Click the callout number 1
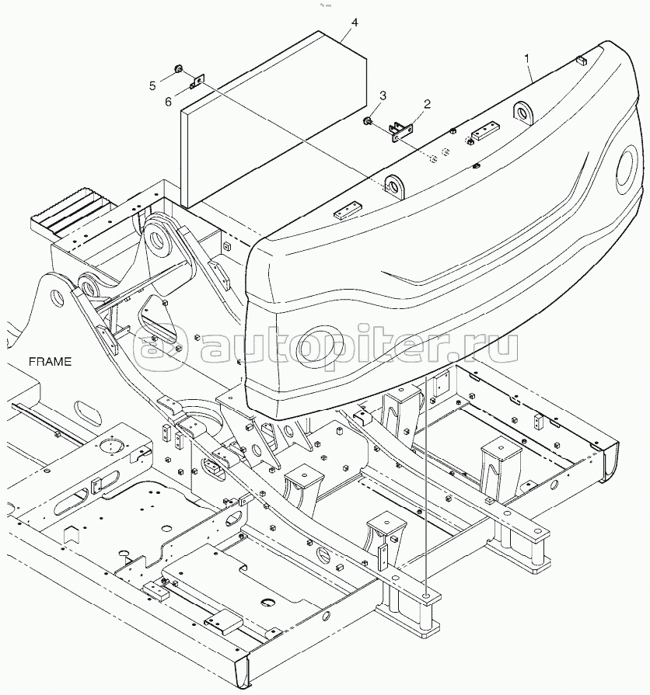(526, 58)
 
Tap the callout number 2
(427, 104)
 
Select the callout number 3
(383, 96)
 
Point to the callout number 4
(354, 23)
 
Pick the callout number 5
(152, 85)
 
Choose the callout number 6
(168, 102)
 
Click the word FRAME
(50, 362)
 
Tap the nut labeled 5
(178, 68)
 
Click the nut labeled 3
(367, 120)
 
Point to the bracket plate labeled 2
(401, 132)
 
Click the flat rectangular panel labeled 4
(274, 120)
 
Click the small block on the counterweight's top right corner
(582, 59)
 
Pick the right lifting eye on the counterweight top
(524, 113)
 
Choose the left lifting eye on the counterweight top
(395, 186)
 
